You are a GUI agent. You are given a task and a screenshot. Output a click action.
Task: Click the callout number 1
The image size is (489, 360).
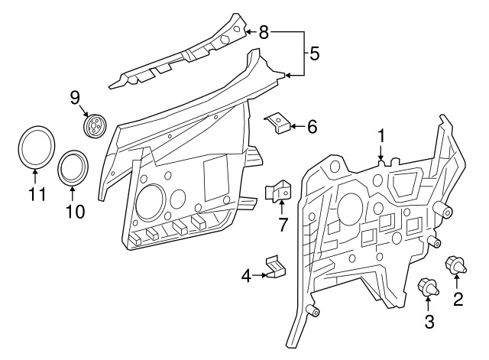click(381, 136)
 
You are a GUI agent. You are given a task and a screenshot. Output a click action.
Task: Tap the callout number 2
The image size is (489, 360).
click(458, 299)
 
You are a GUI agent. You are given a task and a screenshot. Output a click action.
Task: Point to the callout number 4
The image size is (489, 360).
click(246, 275)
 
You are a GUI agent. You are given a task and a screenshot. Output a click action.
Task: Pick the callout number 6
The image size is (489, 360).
click(312, 126)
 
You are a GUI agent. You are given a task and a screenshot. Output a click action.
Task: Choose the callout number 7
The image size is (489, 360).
click(282, 224)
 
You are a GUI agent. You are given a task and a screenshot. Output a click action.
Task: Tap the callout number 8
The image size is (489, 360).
click(264, 32)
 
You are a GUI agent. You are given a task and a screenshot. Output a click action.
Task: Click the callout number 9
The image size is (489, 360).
click(75, 97)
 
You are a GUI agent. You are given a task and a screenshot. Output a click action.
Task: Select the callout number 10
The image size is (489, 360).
click(74, 211)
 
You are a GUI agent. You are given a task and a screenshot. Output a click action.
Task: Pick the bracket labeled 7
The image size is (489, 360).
click(280, 192)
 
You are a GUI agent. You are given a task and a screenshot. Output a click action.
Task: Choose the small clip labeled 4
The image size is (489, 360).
click(274, 267)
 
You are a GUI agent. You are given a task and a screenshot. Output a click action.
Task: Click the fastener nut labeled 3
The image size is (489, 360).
click(428, 288)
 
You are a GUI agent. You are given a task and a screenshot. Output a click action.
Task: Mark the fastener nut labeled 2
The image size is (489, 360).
click(458, 266)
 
